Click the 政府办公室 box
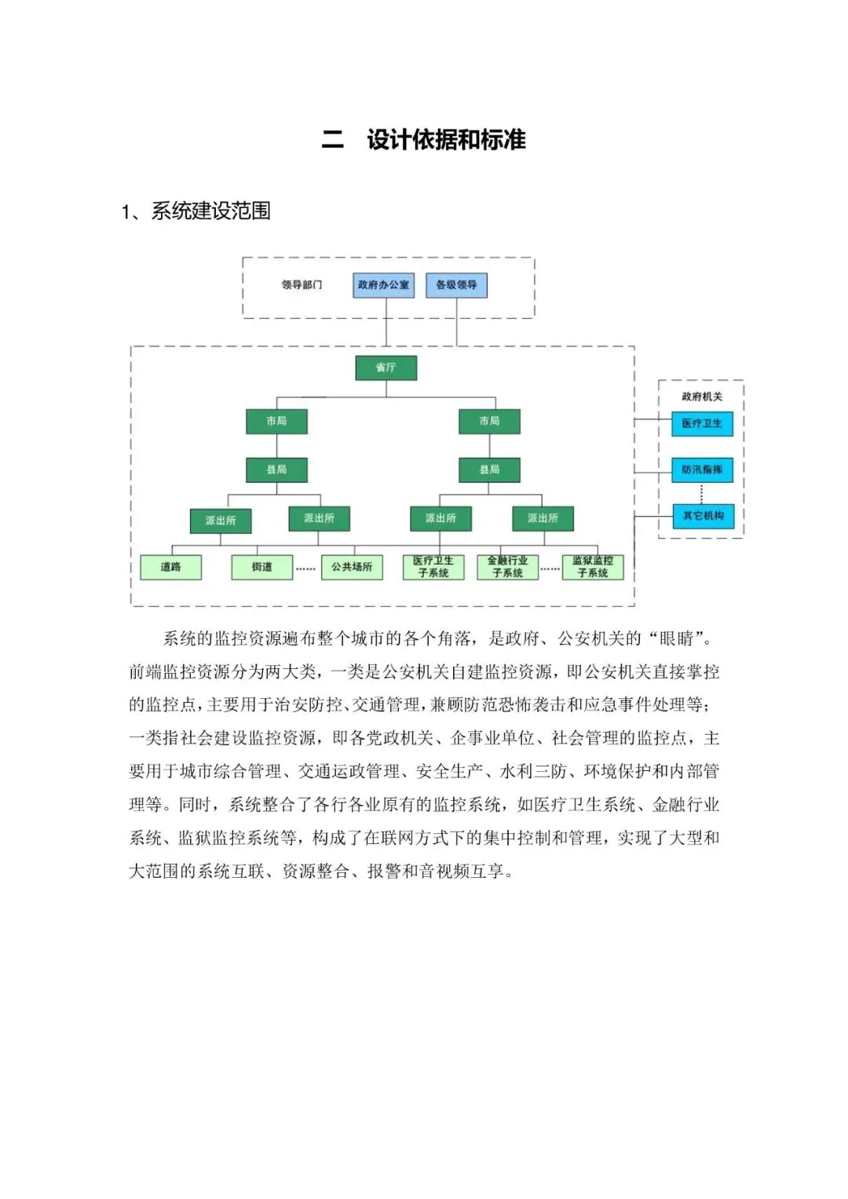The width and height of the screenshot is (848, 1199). click(x=383, y=285)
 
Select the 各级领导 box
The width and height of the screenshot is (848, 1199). click(x=456, y=285)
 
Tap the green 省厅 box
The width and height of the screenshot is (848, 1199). click(x=386, y=367)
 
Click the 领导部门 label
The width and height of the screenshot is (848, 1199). click(x=302, y=285)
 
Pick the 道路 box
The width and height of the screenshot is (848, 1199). click(x=171, y=567)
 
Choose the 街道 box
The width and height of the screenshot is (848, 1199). click(x=261, y=567)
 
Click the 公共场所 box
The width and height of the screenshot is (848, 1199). click(x=352, y=567)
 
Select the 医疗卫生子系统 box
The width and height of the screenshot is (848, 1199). click(x=433, y=567)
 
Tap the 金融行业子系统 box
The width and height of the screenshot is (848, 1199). click(x=507, y=567)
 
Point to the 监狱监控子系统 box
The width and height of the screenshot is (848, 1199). click(x=593, y=567)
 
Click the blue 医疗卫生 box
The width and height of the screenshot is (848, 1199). click(x=702, y=424)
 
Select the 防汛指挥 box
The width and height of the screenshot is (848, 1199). click(x=702, y=470)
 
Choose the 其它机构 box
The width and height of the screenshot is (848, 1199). click(x=703, y=516)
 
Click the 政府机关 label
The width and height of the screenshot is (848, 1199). click(x=702, y=397)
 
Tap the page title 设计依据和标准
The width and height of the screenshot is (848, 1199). click(x=447, y=140)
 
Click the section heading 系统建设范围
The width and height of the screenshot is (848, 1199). click(x=211, y=211)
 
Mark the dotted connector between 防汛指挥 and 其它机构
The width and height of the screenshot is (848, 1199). click(x=701, y=494)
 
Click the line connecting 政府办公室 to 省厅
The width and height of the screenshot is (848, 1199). click(x=386, y=327)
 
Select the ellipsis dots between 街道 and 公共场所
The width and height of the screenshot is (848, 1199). click(x=305, y=568)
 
